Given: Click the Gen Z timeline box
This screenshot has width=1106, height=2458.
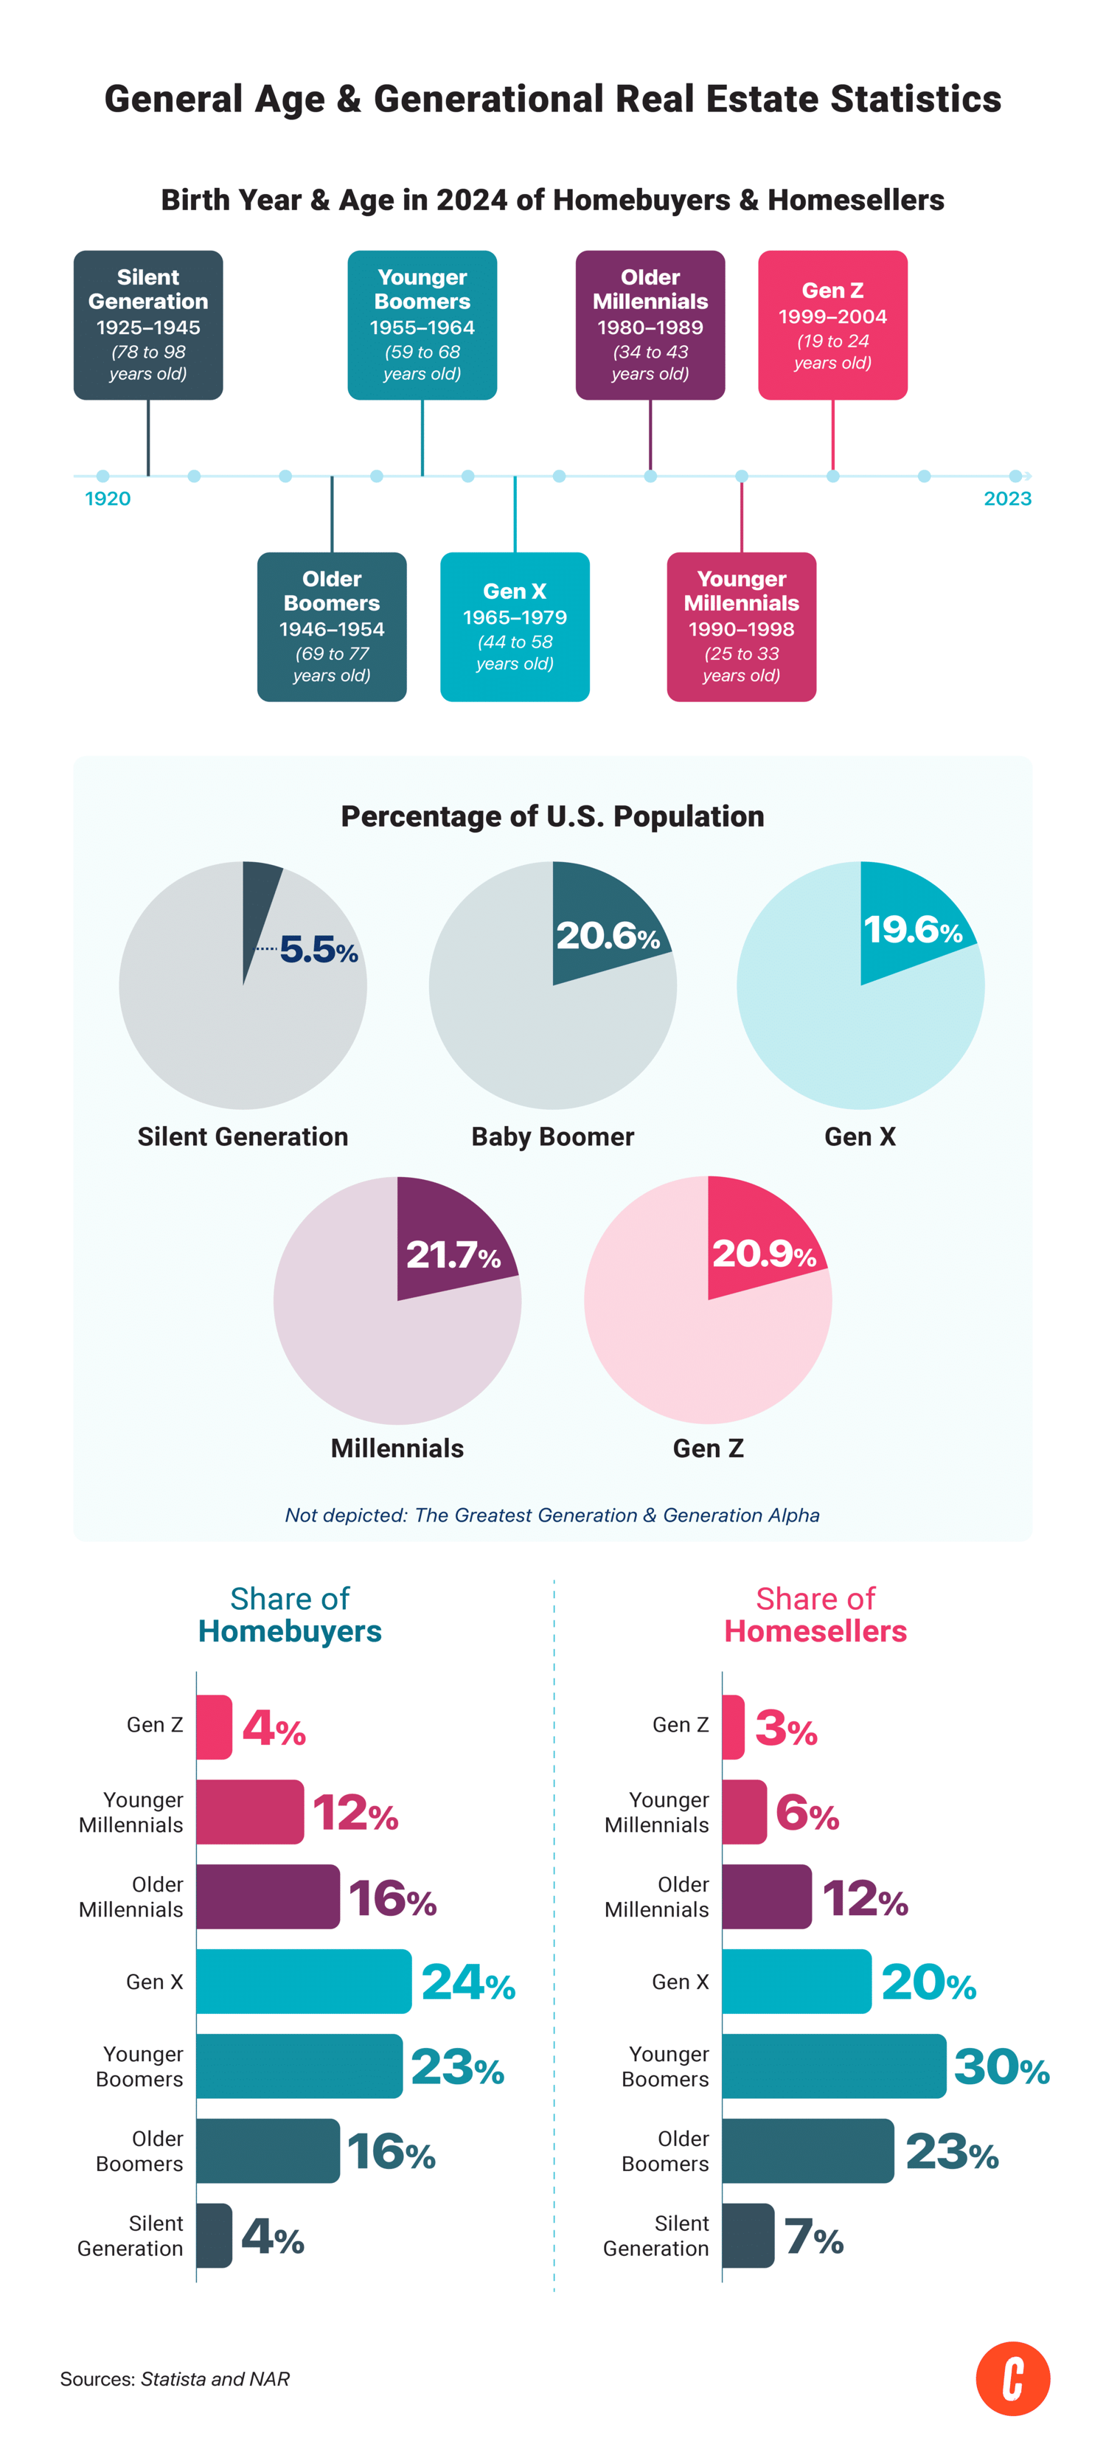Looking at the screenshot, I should tap(832, 325).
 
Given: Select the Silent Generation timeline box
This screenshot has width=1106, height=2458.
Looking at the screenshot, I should tap(148, 325).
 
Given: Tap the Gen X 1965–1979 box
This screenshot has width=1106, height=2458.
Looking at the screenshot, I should tap(515, 627).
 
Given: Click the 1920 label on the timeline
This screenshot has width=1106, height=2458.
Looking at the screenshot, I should tap(108, 498).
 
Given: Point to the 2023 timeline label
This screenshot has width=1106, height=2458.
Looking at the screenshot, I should tap(1006, 498).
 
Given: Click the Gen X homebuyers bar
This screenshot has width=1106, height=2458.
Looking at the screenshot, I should tap(304, 1982).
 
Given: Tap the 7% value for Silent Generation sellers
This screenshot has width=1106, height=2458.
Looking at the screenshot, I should tap(813, 2237).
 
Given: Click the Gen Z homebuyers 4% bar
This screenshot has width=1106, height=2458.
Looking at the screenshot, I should tap(214, 1727).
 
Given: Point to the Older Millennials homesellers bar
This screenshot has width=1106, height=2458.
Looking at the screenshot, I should tap(766, 1897).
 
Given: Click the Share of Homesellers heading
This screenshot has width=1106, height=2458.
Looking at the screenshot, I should tap(815, 1614).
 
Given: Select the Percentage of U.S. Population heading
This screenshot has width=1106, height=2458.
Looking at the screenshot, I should tap(552, 817).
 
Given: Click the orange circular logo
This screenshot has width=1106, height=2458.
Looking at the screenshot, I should tap(1012, 2379).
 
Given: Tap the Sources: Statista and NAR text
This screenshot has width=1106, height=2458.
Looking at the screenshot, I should tap(175, 2379).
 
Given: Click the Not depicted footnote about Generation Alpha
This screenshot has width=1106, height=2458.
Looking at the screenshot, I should tap(552, 1516).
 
